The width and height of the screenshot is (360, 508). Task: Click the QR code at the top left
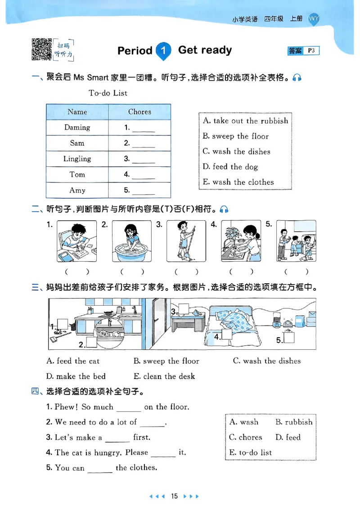pos(42,49)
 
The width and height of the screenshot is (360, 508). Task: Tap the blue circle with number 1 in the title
pos(163,51)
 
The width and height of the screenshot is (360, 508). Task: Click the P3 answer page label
pos(311,51)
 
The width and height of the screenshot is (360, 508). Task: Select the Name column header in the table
pos(77,112)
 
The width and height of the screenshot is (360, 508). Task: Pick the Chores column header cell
pos(139,112)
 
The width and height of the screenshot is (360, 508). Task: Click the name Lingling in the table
pos(77,159)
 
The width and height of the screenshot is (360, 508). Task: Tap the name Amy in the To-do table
pos(77,190)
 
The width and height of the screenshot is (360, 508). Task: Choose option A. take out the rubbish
pos(245,121)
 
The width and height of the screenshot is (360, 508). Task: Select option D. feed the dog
pos(230,167)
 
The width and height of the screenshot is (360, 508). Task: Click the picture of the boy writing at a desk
pos(76,241)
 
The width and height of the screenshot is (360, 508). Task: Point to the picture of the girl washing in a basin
pos(131,241)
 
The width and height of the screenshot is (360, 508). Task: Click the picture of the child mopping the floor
pos(186,241)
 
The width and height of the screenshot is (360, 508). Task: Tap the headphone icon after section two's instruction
pos(224,209)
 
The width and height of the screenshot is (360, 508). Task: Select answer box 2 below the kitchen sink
pos(92,343)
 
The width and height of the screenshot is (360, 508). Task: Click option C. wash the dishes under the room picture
pos(267,361)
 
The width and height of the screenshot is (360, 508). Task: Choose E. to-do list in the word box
pos(251,453)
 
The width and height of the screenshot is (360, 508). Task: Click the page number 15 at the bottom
pos(175,496)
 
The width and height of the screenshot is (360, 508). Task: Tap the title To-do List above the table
pos(108,93)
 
